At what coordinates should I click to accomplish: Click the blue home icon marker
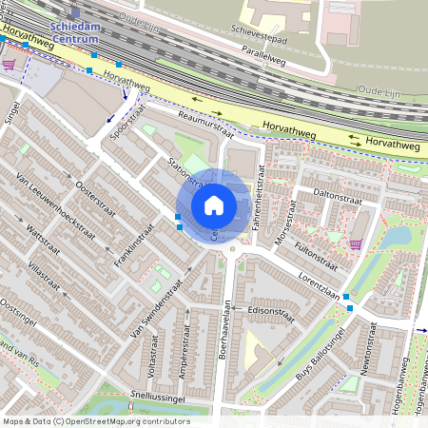(214, 205)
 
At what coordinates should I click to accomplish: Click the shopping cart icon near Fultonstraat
(355, 243)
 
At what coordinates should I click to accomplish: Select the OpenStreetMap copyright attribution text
(96, 421)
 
